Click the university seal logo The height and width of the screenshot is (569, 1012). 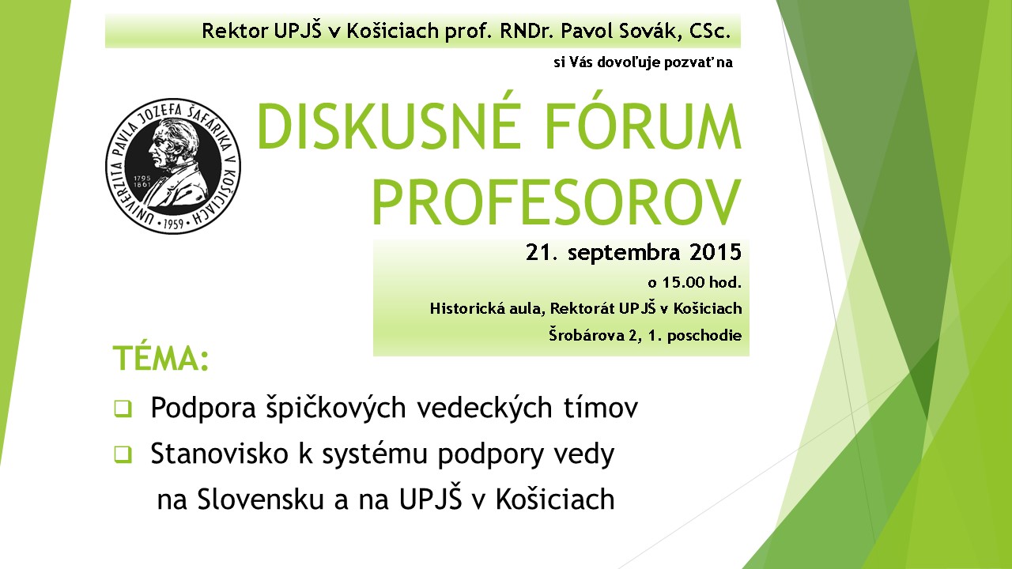pos(173,166)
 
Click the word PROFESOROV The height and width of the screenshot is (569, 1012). pos(556,201)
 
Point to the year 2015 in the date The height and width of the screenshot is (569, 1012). pos(716,252)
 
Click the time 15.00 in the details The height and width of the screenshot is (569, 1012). pos(684,283)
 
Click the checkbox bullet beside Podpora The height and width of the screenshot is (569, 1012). pos(123,409)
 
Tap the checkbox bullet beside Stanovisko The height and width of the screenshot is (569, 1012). pos(123,454)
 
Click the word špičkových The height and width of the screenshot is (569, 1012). pos(336,409)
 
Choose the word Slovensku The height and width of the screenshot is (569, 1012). pos(261,499)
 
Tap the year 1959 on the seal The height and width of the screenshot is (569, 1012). pos(173,224)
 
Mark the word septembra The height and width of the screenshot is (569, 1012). pos(624,253)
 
